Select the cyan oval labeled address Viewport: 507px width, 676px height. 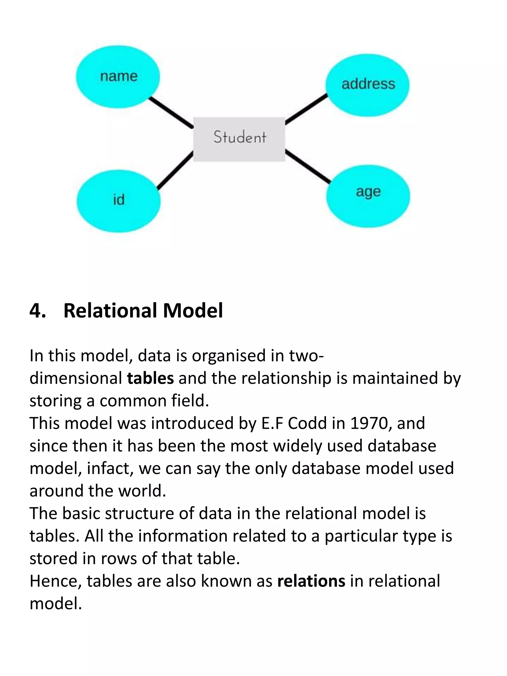click(367, 85)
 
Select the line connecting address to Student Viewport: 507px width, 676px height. click(306, 109)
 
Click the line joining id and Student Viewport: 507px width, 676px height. click(175, 170)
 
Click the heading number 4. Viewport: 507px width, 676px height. click(37, 311)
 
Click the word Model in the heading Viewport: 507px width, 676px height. click(193, 311)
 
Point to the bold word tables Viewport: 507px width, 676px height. click(150, 378)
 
